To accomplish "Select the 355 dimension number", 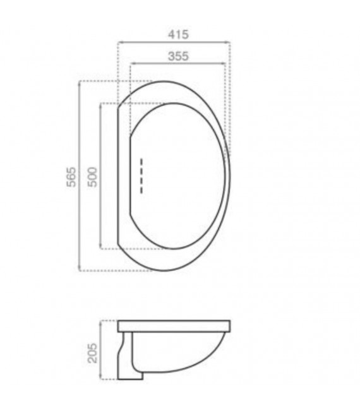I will coord(178,56).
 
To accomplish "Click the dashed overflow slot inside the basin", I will coord(142,175).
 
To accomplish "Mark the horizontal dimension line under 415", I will coord(174,42).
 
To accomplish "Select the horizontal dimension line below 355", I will coord(178,64).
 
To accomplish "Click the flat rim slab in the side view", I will coord(174,326).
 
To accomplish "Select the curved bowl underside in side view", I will coord(189,360).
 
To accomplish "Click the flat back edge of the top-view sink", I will coord(120,177).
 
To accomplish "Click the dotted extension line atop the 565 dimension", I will coord(114,81).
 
